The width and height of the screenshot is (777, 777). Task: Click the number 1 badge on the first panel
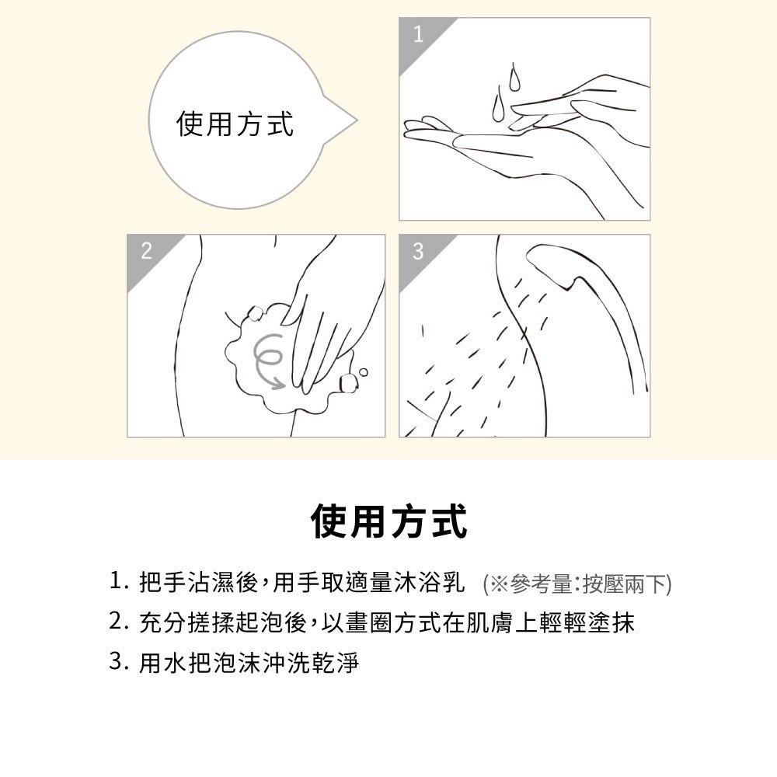click(x=419, y=34)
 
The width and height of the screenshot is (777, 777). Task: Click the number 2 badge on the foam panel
click(x=146, y=251)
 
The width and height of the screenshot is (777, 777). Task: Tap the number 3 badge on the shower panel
click(x=418, y=251)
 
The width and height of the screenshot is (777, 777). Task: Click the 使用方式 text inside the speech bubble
click(x=235, y=124)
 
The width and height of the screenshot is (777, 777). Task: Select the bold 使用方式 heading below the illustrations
click(x=388, y=521)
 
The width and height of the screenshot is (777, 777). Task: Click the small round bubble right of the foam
click(x=363, y=372)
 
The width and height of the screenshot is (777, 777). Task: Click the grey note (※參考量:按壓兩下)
click(x=577, y=584)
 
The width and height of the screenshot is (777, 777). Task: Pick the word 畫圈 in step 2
click(x=370, y=622)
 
